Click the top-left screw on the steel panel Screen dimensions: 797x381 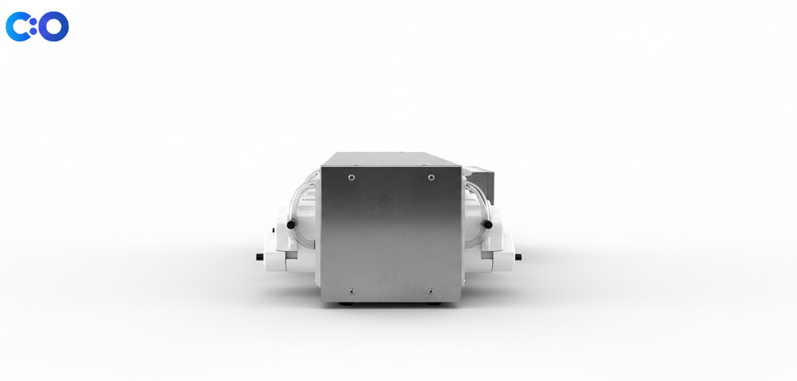[x=351, y=178]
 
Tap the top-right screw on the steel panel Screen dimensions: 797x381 [x=431, y=178]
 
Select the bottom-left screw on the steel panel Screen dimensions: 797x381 [x=351, y=291]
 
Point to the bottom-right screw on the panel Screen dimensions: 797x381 [x=430, y=291]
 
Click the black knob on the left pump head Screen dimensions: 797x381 [x=291, y=225]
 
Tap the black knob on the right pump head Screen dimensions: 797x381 [x=488, y=225]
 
